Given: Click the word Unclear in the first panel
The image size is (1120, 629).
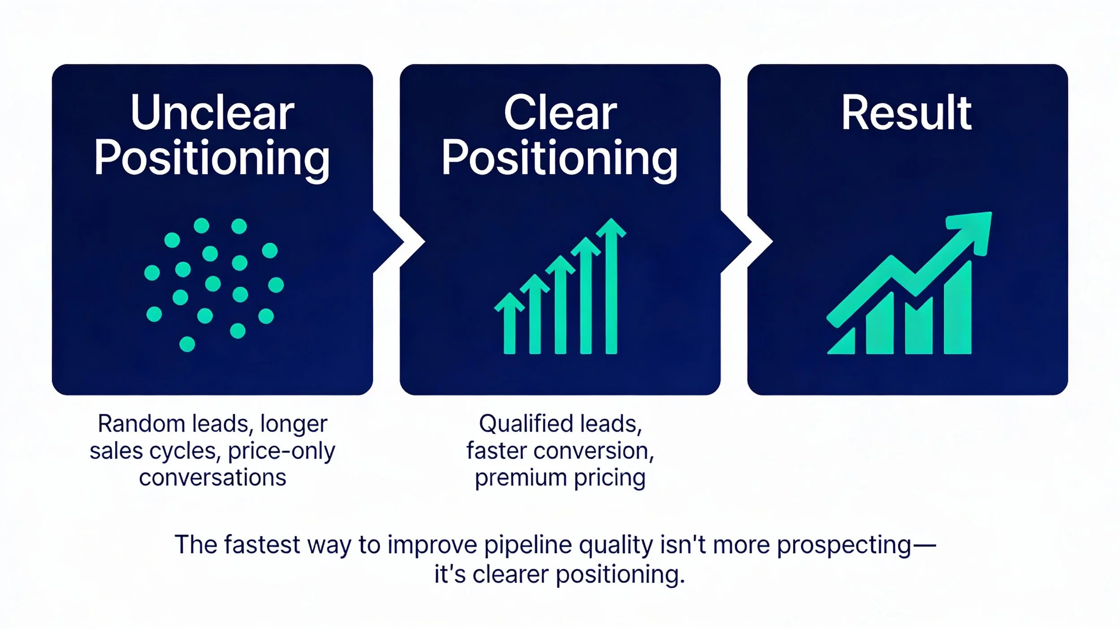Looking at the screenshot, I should (212, 113).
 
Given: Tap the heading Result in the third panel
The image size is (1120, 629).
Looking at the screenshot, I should (906, 113).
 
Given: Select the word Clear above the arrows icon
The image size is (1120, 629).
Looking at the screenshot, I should (560, 113).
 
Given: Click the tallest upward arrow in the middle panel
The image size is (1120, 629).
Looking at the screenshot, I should (611, 287).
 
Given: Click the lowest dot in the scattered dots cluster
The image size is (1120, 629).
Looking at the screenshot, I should (187, 344).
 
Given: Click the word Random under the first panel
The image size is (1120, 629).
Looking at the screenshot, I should (141, 424).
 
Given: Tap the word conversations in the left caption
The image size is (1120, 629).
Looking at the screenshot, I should (212, 478).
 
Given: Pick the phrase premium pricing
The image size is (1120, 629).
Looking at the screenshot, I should (560, 478).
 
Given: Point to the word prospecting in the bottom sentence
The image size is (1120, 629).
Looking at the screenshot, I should (844, 545).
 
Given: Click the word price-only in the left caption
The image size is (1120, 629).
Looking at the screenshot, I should (281, 451).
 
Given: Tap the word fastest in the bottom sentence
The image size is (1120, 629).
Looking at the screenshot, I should (262, 545).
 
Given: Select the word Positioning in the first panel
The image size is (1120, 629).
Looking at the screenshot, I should (212, 158).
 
